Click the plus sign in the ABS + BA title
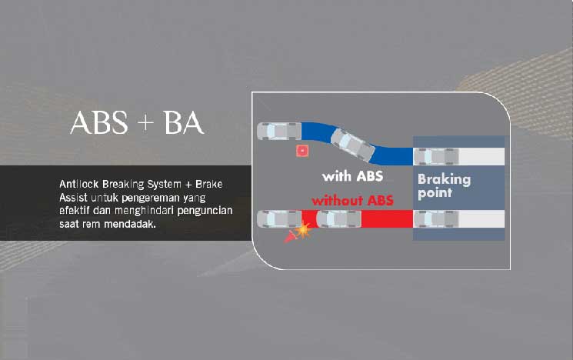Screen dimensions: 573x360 click(x=145, y=123)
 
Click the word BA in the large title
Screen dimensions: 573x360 click(x=183, y=122)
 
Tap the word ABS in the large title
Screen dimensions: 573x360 click(x=99, y=122)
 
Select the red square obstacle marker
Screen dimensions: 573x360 click(x=302, y=151)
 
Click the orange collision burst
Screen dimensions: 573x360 click(x=303, y=230)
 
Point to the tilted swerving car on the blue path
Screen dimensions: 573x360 click(x=352, y=145)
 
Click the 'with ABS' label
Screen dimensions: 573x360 click(x=352, y=176)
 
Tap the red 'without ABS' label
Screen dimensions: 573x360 click(x=352, y=200)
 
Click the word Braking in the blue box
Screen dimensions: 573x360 click(x=444, y=179)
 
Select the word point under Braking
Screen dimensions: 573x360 click(x=435, y=193)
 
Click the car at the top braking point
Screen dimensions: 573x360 click(x=436, y=156)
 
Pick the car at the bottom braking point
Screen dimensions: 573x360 click(x=436, y=219)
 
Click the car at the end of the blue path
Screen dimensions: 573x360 click(x=279, y=132)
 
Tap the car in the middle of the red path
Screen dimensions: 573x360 click(x=338, y=219)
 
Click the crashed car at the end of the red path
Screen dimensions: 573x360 click(x=279, y=219)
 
